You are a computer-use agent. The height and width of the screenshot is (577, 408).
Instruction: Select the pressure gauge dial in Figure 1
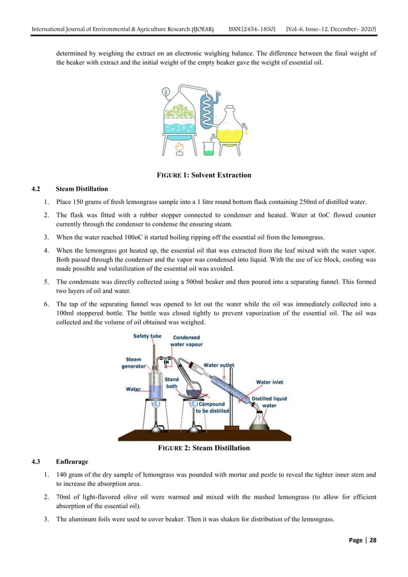point(167,91)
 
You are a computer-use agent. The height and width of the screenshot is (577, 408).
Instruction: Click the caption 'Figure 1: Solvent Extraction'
point(204,175)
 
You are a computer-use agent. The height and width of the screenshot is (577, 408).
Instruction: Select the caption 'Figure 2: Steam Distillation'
point(203,448)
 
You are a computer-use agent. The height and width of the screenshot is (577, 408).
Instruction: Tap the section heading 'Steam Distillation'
point(82,189)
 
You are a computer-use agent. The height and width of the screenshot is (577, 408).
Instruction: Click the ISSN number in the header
point(256,30)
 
